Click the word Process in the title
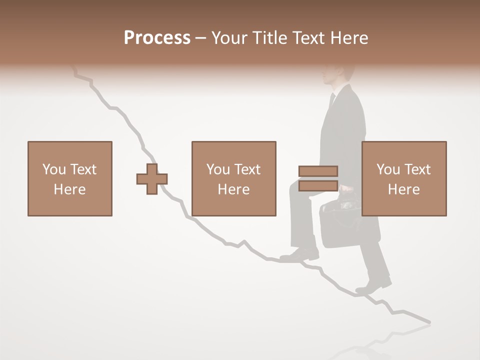pyautogui.click(x=157, y=38)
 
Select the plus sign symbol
pyautogui.click(x=152, y=179)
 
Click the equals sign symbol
pyautogui.click(x=318, y=178)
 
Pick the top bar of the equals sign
pyautogui.click(x=318, y=171)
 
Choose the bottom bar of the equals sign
pyautogui.click(x=318, y=185)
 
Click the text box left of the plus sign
pyautogui.click(x=69, y=178)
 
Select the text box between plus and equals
pyautogui.click(x=233, y=178)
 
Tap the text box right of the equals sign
pyautogui.click(x=403, y=178)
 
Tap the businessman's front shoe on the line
pyautogui.click(x=299, y=255)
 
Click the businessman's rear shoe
pyautogui.click(x=374, y=285)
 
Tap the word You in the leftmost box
pyautogui.click(x=54, y=169)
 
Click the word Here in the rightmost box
pyautogui.click(x=403, y=189)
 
